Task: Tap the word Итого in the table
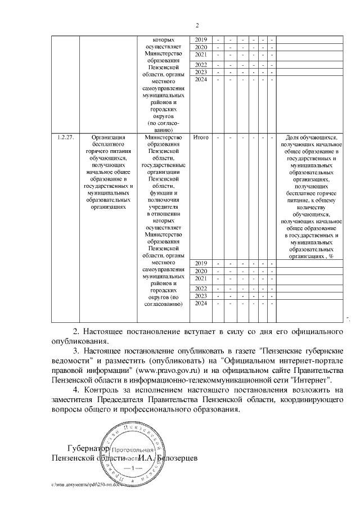(x=201, y=137)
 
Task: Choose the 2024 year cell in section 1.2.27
(x=201, y=303)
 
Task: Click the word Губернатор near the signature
(x=86, y=449)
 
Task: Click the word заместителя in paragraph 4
(x=72, y=400)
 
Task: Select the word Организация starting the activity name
(x=107, y=137)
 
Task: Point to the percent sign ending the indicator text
(x=331, y=255)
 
